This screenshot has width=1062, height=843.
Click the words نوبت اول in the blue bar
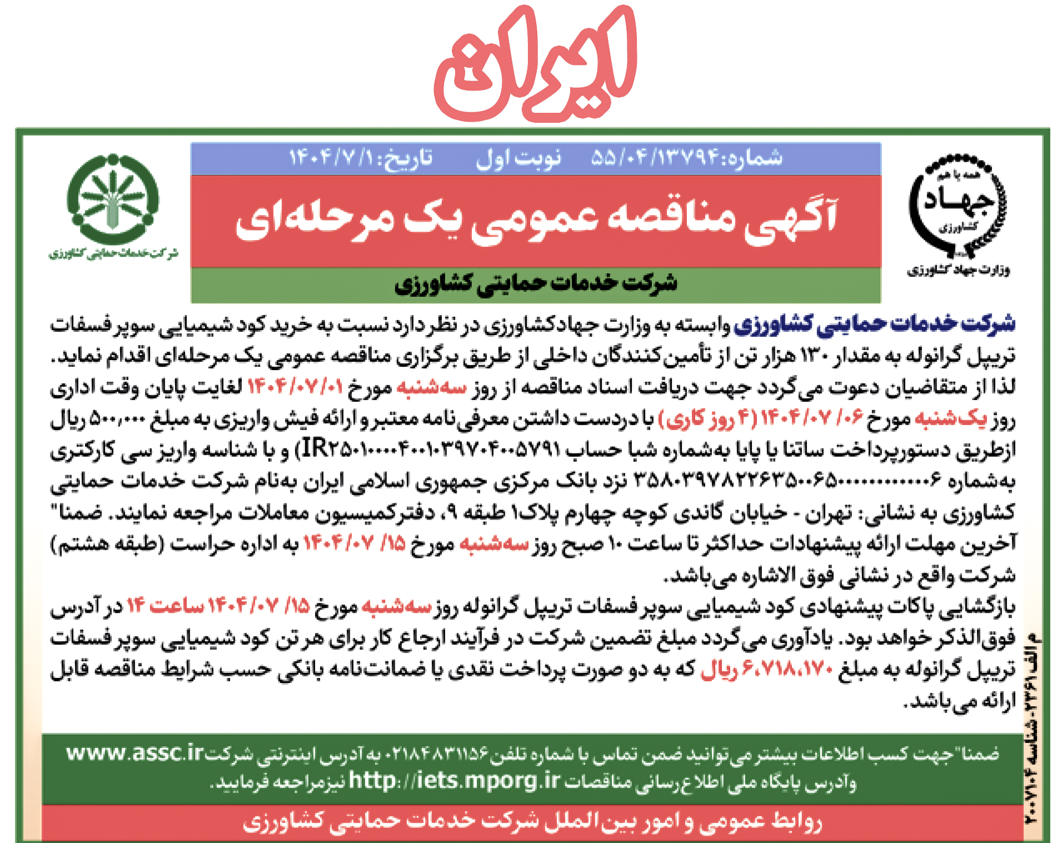tap(518, 158)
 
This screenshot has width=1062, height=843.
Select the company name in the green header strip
tap(536, 284)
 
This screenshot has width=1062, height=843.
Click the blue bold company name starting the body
tap(874, 323)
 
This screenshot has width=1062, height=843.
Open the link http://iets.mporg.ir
tap(455, 781)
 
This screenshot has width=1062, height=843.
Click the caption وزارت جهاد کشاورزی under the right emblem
tap(959, 271)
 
